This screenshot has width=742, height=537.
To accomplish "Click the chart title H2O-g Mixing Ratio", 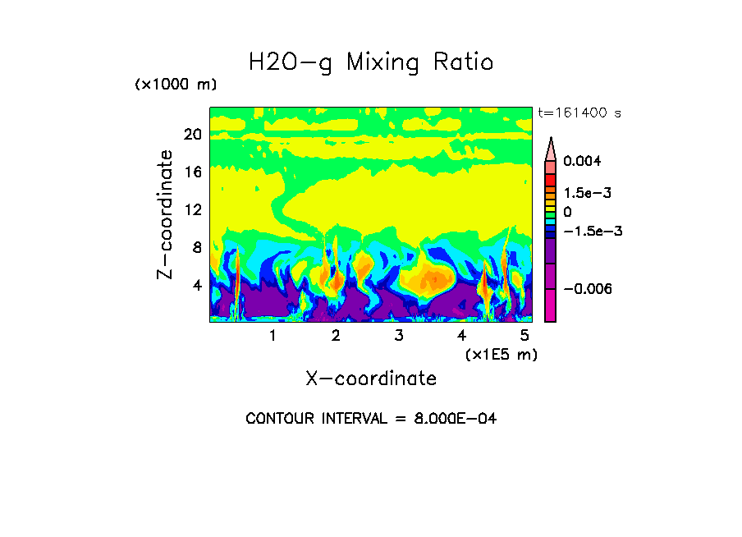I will pos(371,62).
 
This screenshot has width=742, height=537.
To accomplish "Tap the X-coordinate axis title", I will pos(371,379).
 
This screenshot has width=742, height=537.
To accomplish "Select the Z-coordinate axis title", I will pos(166,214).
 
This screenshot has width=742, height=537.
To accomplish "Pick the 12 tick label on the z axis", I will pos(192,209).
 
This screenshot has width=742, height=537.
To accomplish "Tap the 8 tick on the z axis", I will pos(196,247).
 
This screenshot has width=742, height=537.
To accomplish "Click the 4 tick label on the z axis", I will pos(196,285).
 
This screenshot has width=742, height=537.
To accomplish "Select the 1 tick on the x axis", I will pos(273,335).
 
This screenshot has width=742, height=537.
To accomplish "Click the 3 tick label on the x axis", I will pos(399,335).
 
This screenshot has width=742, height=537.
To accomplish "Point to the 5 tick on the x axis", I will pos(525,335).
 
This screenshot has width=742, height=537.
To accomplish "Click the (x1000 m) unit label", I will pos(176,85).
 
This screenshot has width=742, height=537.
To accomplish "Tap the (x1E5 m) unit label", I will pos(501,354).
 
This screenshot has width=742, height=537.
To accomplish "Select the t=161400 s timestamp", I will pos(578,112).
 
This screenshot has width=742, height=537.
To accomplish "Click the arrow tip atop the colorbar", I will pos(551,140).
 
